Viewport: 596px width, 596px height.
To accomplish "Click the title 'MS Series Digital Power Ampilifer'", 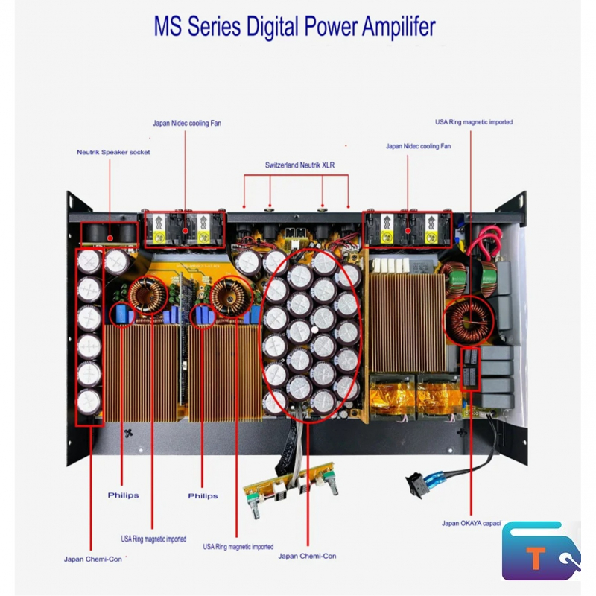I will pyautogui.click(x=294, y=27).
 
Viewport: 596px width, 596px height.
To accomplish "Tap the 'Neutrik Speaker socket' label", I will pyautogui.click(x=113, y=153).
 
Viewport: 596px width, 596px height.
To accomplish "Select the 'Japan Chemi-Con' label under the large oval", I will pyautogui.click(x=307, y=556).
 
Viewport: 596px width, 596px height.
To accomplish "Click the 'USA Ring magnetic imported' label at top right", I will pyautogui.click(x=474, y=122).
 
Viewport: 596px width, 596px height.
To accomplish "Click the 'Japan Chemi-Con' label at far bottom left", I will pyautogui.click(x=93, y=559).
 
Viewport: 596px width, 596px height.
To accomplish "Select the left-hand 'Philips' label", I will pyautogui.click(x=123, y=495).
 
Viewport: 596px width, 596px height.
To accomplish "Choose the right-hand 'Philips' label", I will pyautogui.click(x=203, y=495).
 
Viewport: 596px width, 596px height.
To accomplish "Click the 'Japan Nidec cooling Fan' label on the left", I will pyautogui.click(x=187, y=123).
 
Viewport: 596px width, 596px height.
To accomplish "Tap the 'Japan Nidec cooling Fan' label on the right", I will pyautogui.click(x=418, y=146).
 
